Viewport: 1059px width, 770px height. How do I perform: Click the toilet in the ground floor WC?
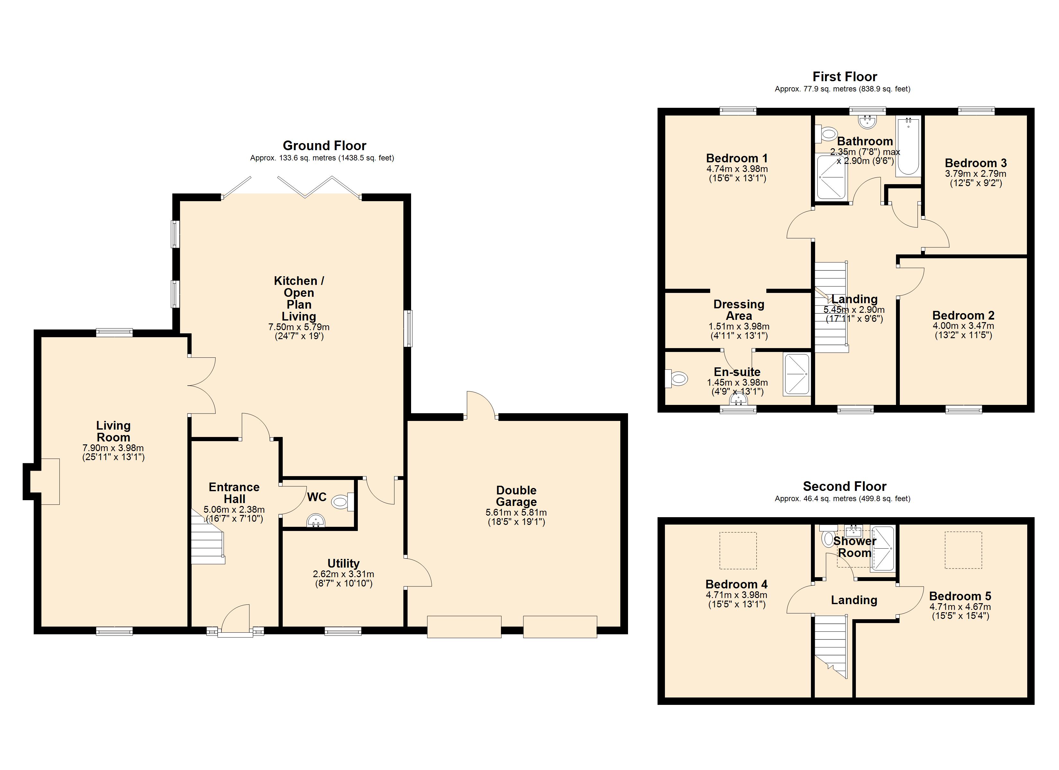pos(343,502)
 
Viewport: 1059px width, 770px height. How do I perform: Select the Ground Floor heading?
pos(324,146)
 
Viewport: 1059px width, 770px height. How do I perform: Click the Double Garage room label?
pos(516,496)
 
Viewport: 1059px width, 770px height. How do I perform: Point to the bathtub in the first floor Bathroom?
pos(908,147)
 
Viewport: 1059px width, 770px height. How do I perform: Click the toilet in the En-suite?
pos(676,378)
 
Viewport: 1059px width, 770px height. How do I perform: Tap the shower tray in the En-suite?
pos(796,374)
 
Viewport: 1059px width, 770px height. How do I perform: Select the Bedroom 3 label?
pos(976,163)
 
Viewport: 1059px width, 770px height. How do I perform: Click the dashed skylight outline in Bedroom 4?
pos(738,551)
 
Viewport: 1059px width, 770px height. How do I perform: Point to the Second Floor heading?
pos(845,487)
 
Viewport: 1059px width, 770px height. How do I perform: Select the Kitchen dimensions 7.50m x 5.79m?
pos(299,327)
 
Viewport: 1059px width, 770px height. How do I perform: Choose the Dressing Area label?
pos(739,310)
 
